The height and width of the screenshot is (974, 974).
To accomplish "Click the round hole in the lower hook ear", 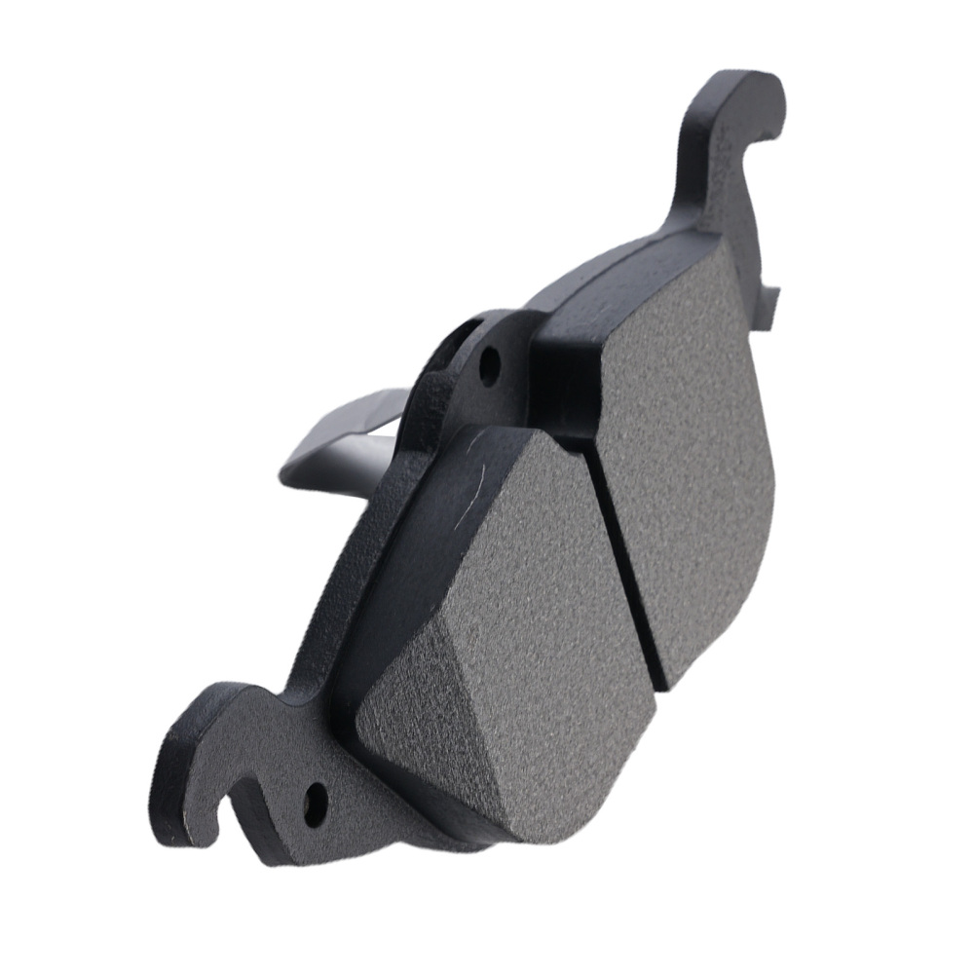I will click(x=315, y=802).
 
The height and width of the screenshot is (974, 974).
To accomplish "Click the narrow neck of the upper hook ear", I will click(x=696, y=185).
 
